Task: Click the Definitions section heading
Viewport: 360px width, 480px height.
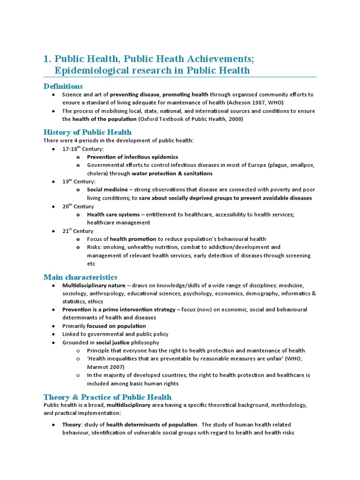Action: (63, 86)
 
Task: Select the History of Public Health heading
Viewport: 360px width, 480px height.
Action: (87, 132)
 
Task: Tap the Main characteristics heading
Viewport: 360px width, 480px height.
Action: (80, 277)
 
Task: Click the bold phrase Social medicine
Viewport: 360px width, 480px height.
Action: (107, 190)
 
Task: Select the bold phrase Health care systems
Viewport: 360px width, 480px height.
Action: (113, 214)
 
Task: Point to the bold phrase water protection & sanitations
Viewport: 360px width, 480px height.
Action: (172, 173)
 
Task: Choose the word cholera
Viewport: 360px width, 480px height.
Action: (97, 173)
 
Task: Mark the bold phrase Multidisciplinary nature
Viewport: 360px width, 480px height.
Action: (94, 285)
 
